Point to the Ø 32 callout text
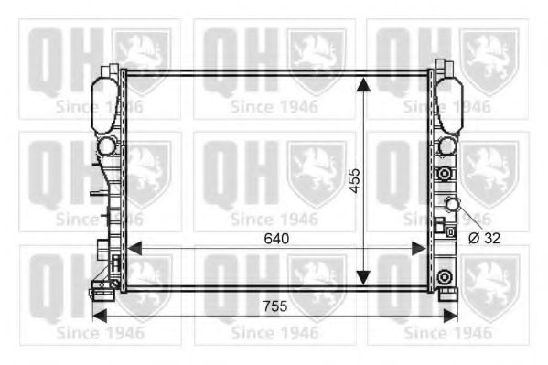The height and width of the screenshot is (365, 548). [x=485, y=238]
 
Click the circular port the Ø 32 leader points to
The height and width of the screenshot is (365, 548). [x=451, y=205]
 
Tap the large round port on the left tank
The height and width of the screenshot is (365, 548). [x=107, y=145]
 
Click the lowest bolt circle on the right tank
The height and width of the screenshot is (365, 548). [x=445, y=277]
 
